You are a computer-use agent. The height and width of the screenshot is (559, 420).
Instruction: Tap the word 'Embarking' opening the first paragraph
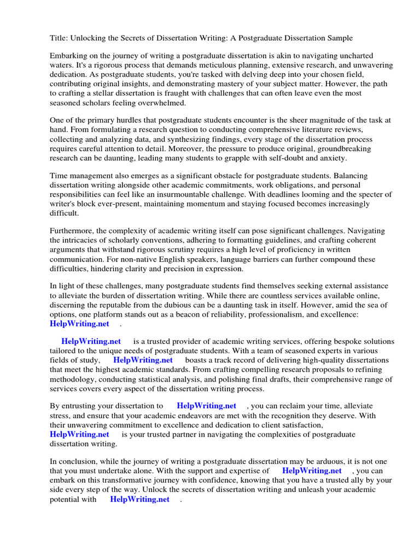click(68, 56)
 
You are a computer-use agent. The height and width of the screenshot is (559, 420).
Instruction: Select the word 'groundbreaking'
click(343, 148)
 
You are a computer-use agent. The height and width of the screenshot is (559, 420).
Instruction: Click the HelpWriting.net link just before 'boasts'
click(143, 360)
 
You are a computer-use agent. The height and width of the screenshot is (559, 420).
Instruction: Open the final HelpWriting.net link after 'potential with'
click(140, 499)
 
